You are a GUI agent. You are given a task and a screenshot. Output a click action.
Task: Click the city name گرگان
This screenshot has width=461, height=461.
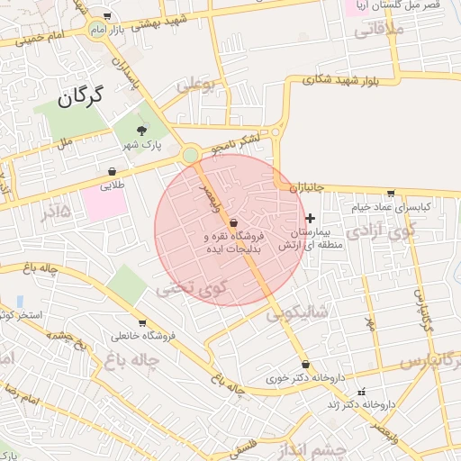(80, 95)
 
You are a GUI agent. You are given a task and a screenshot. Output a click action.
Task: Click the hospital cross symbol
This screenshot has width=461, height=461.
(311, 218)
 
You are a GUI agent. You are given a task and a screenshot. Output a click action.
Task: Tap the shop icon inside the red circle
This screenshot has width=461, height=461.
(234, 222)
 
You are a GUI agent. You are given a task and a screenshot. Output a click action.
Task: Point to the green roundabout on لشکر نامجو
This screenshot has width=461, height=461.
(190, 156)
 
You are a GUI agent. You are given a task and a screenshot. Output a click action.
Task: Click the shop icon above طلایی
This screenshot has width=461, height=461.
(112, 171)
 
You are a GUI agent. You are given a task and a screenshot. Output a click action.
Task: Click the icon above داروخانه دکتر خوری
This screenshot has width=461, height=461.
(306, 365)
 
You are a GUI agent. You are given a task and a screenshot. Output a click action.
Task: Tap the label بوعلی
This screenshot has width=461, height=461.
(197, 87)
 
